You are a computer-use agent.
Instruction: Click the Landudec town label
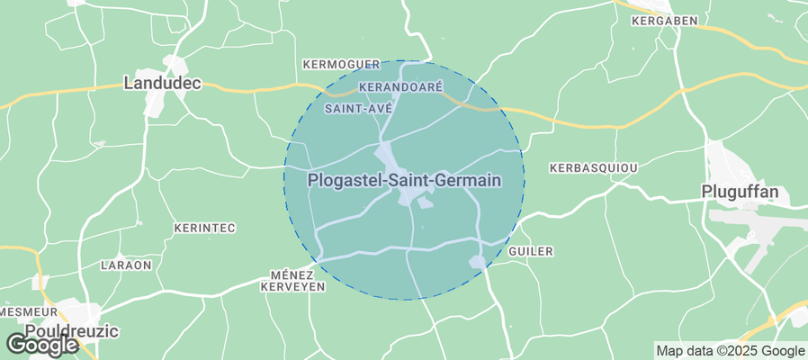161,84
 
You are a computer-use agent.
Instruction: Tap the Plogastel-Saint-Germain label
403,180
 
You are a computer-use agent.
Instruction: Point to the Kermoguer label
342,65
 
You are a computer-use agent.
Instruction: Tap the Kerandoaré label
400,87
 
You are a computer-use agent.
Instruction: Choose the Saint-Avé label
357,108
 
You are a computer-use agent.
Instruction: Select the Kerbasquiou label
593,168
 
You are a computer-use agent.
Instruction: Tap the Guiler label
531,252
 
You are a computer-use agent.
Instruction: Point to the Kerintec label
204,229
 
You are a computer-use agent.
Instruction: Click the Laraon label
127,265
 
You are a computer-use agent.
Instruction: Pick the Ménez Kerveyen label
292,280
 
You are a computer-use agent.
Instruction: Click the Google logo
41,344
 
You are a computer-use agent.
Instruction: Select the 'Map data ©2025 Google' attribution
730,351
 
